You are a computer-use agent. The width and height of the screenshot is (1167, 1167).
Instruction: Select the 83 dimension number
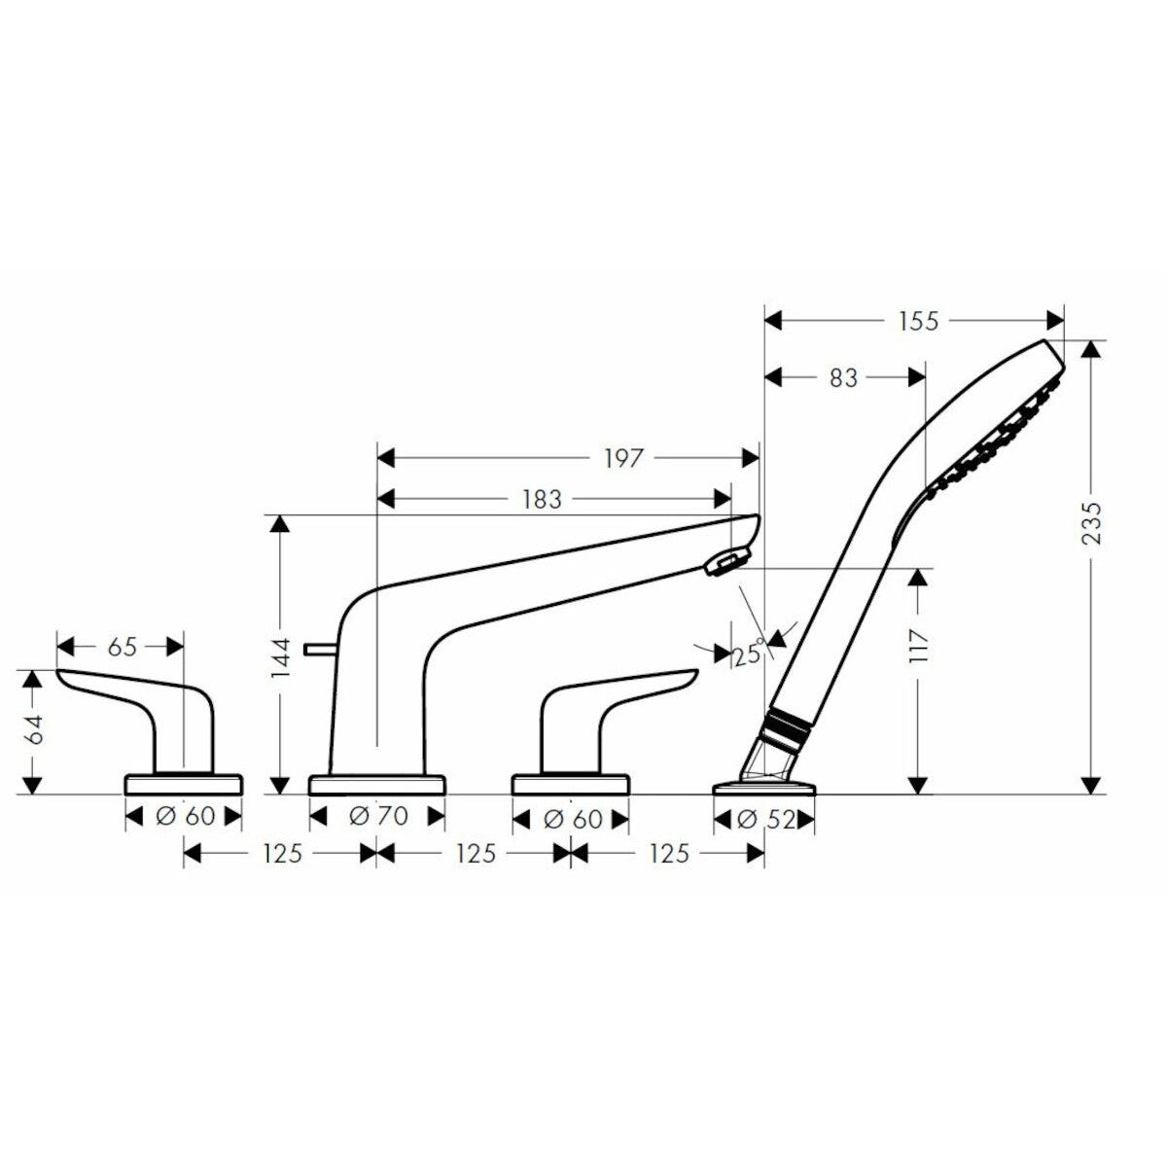pos(843,378)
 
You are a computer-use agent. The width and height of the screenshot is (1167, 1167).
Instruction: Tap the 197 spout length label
pos(622,458)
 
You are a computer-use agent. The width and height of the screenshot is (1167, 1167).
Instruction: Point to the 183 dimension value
pos(540,499)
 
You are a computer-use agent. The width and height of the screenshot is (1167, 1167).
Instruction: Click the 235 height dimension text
pos(1092,524)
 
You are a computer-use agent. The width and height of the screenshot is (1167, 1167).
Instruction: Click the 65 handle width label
pos(122,647)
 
